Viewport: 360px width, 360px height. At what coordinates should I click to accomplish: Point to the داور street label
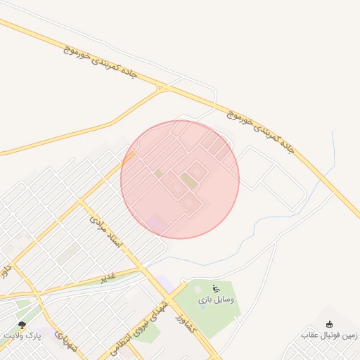[6, 269]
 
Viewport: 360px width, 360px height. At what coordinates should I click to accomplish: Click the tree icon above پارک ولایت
[23, 325]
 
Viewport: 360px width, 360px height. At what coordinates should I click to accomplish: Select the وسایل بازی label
[216, 300]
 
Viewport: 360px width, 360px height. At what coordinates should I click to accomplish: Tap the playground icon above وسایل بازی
[216, 288]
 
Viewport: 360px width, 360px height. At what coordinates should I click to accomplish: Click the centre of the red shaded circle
[180, 179]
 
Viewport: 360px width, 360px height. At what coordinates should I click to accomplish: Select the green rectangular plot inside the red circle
[188, 181]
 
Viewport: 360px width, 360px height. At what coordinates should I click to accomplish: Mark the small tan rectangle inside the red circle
[159, 173]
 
